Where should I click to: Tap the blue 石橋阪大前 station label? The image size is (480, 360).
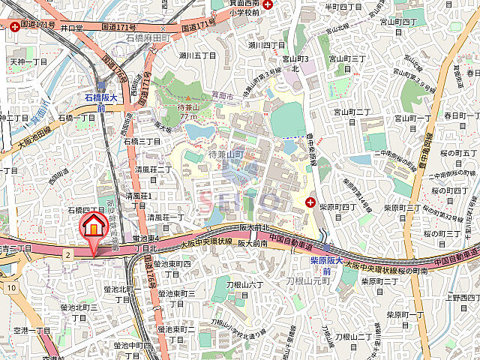coord(100,102)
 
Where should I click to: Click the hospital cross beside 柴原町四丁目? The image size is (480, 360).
coord(311,201)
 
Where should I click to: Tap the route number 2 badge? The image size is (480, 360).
coord(67,255)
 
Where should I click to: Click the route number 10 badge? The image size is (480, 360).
coord(11,287)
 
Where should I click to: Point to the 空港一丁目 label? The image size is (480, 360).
coord(31,330)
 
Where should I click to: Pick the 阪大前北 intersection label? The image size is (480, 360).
coord(254,227)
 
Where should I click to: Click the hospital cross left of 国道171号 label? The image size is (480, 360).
coord(16,28)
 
